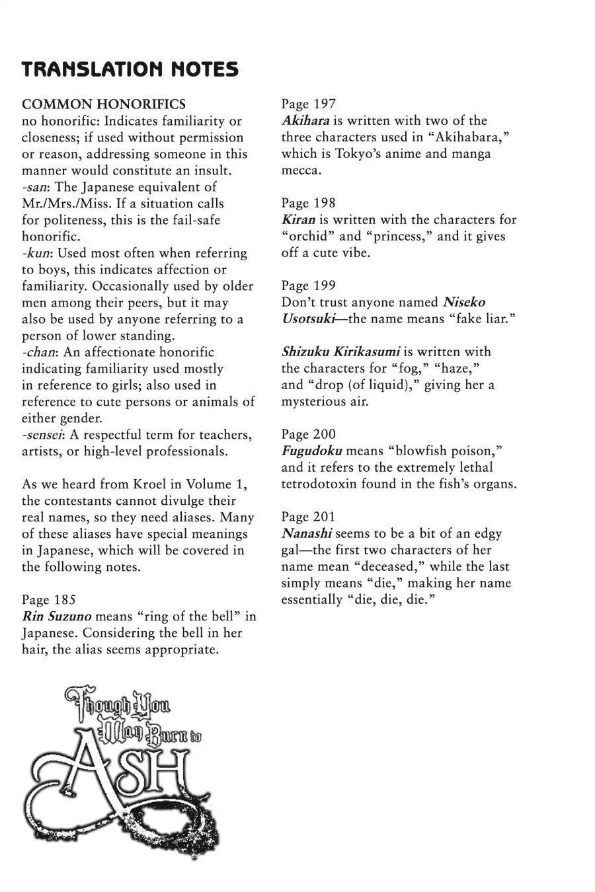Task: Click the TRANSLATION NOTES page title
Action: click(130, 69)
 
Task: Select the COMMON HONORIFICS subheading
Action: click(104, 104)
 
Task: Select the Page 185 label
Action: click(49, 599)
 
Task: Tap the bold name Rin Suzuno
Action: click(57, 616)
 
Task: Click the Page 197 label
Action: click(308, 104)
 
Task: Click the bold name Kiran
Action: click(298, 219)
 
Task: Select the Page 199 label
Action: click(308, 285)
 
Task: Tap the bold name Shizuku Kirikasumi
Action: click(340, 352)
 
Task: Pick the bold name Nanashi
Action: click(307, 533)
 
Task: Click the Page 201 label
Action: click(308, 517)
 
